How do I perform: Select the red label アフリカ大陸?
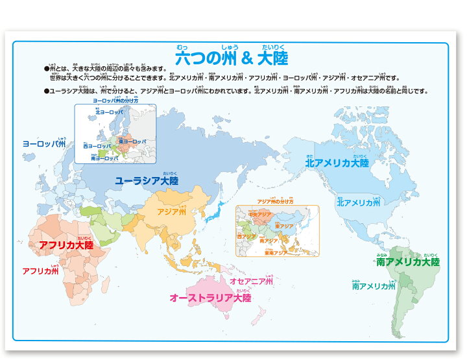tap(66, 246)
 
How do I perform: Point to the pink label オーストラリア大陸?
tap(210, 298)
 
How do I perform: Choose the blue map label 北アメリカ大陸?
tap(337, 163)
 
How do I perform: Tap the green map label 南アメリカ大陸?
tap(407, 262)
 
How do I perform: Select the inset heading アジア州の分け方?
tap(275, 202)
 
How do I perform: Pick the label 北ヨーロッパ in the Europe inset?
tap(109, 112)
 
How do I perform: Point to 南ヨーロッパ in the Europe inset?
tap(104, 158)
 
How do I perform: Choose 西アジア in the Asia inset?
tap(247, 237)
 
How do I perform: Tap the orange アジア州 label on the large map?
tap(171, 212)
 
